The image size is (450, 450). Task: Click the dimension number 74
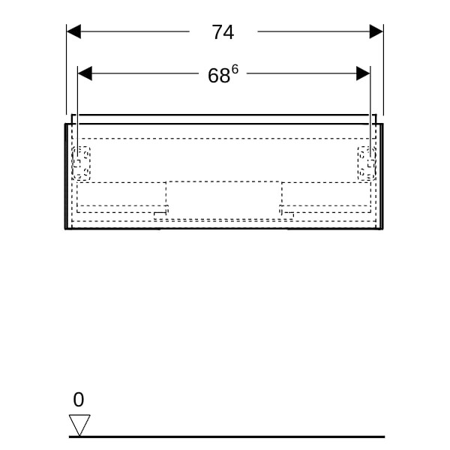223,32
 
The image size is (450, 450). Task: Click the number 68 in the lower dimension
219,76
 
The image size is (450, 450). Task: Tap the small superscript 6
235,69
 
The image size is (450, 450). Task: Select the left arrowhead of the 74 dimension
73,31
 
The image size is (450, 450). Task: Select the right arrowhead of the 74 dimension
376,31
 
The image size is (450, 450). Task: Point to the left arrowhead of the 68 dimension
85,73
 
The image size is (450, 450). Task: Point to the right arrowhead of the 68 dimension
363,73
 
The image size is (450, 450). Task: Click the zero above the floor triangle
78,400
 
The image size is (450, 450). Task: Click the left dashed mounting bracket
81,163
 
